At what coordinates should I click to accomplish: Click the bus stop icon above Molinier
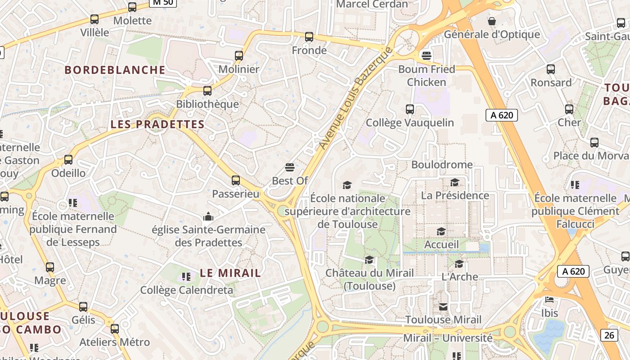(239, 56)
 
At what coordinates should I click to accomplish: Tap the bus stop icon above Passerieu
(236, 180)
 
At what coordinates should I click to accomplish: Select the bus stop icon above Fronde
(309, 37)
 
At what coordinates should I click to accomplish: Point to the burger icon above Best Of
(290, 168)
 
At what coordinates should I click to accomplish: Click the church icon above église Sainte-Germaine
(208, 217)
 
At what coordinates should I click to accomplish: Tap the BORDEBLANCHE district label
(115, 70)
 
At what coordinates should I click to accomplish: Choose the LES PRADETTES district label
(157, 124)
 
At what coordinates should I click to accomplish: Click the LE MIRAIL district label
(230, 273)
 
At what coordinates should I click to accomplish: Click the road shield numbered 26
(608, 335)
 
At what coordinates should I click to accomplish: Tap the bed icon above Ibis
(549, 300)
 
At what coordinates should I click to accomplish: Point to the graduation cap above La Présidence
(455, 182)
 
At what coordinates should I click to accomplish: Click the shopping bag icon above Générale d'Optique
(492, 21)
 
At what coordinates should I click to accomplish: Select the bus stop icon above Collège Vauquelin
(410, 109)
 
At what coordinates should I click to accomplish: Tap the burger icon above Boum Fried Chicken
(427, 56)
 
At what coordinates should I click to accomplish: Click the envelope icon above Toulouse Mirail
(443, 307)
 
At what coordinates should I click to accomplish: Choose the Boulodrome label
(442, 165)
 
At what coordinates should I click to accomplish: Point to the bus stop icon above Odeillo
(68, 160)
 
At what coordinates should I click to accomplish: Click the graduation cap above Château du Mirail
(369, 260)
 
